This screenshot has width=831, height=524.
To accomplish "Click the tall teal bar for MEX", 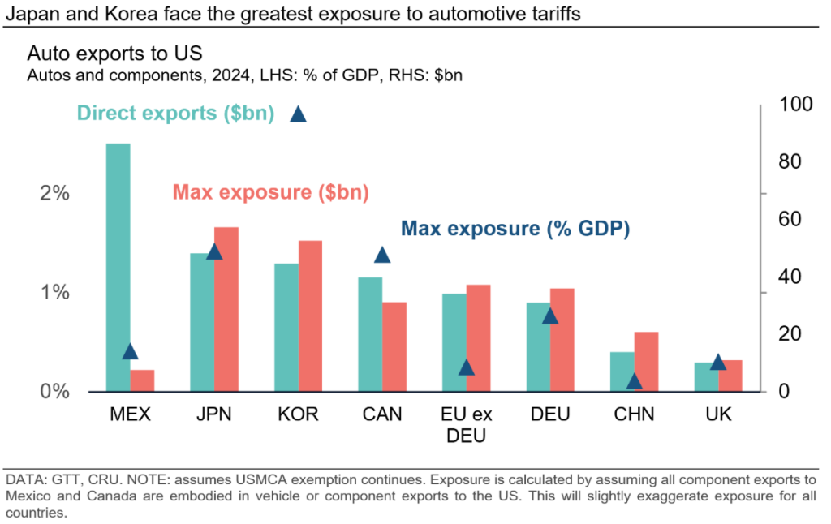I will (118, 268).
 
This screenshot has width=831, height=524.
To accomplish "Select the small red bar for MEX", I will (142, 381).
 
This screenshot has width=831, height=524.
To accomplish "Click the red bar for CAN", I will (395, 347).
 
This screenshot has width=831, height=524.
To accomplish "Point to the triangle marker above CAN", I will (382, 256).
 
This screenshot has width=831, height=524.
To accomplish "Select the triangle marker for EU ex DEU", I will (466, 367).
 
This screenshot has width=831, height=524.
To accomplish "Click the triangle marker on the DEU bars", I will (550, 316).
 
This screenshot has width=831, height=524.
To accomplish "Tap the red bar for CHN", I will (646, 362).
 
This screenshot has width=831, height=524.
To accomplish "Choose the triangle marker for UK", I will (717, 362).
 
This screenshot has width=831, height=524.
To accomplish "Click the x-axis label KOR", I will (298, 414).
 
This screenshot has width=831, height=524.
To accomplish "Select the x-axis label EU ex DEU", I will (466, 424).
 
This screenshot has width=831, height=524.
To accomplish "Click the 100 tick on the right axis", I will (795, 104).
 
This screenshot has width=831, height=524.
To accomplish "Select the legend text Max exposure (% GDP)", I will (516, 229).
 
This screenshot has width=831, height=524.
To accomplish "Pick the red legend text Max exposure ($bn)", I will (270, 193).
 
